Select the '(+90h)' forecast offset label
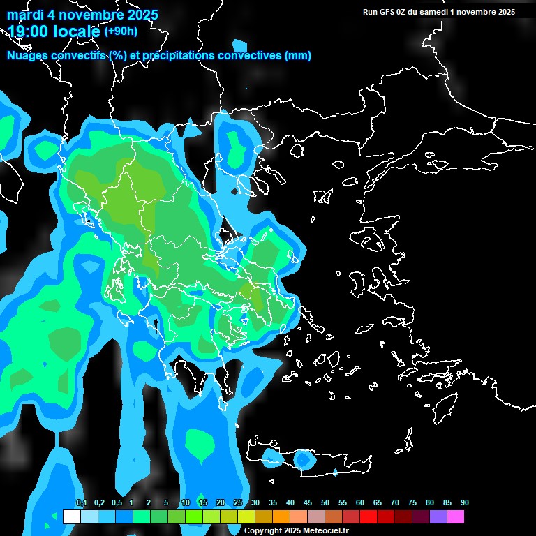tap(121, 31)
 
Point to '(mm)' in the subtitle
tap(298, 56)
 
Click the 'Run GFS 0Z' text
tap(384, 12)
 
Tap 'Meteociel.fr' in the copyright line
tap(326, 531)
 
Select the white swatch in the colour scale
tap(71, 516)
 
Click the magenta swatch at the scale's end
tap(456, 516)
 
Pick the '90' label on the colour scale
tap(464, 503)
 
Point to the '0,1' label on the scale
tap(81, 503)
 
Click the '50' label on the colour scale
tap(325, 503)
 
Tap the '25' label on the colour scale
tap(238, 503)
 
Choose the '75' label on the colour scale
tap(412, 503)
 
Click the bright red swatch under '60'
tap(368, 516)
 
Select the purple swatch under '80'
tap(438, 516)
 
